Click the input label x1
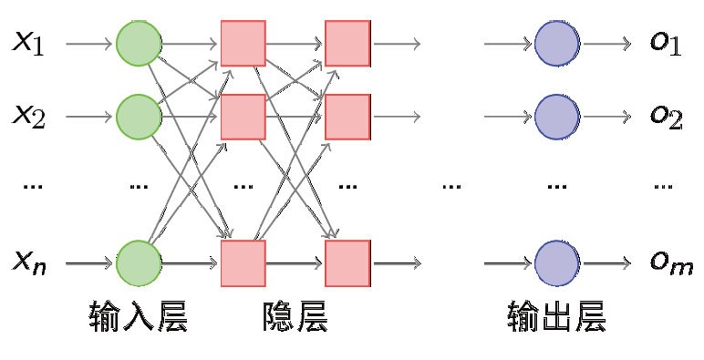[x=28, y=43]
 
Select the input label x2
[x=28, y=116]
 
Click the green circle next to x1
[x=139, y=43]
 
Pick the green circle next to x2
[x=139, y=116]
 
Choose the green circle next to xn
[x=139, y=262]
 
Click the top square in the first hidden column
[x=243, y=43]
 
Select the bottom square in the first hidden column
[x=243, y=262]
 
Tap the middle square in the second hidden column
[x=347, y=116]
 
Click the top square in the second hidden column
[x=347, y=43]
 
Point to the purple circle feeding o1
[x=556, y=43]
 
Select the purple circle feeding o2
[x=556, y=116]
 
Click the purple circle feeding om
[x=556, y=262]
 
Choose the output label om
[x=670, y=263]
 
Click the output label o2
[x=665, y=117]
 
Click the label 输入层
[x=139, y=316]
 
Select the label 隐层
[x=295, y=316]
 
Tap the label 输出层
[x=556, y=316]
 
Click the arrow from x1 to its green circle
[x=89, y=43]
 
